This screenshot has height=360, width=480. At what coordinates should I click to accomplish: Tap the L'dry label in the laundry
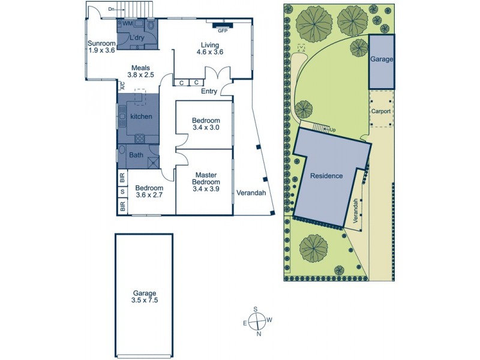coord(137,37)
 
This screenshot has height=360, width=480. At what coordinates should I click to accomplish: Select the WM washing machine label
coord(127,23)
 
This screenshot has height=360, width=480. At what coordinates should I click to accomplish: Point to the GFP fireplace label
coord(222,30)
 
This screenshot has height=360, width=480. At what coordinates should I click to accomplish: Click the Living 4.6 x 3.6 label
coord(210,49)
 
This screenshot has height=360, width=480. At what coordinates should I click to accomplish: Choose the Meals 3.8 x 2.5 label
coord(141,71)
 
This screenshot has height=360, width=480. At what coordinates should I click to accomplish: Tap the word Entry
coord(209,91)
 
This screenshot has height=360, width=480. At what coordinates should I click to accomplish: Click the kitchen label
coord(141,116)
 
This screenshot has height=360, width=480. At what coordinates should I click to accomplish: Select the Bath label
coord(137,155)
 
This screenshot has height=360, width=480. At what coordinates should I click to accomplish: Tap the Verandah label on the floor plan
coord(251,193)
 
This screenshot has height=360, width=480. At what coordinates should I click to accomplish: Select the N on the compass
coord(259,334)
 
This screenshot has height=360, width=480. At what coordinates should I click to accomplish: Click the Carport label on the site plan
coord(381,111)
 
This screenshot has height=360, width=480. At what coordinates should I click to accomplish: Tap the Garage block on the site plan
coord(381,60)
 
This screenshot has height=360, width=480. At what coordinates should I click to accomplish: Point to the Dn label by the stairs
coord(112,9)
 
